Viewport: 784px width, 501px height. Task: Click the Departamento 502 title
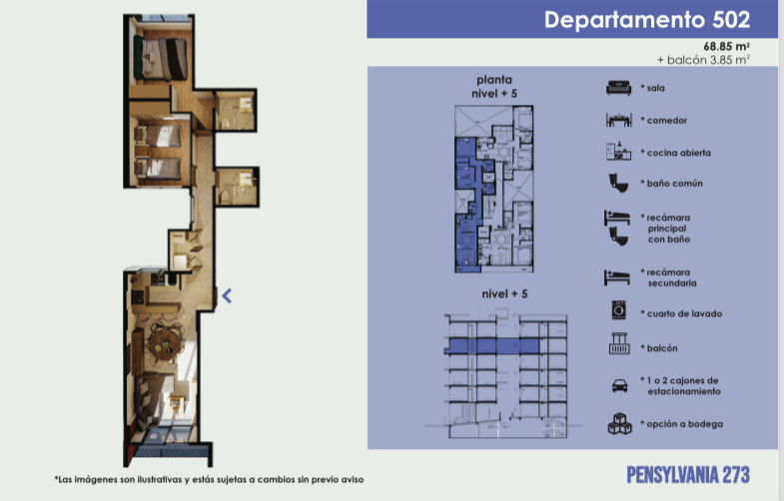(x=647, y=20)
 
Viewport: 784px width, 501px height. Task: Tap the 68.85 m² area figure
(x=726, y=47)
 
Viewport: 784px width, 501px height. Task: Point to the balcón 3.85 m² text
(x=703, y=60)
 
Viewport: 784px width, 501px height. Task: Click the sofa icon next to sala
(x=618, y=88)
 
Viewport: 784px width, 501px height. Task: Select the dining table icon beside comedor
(x=618, y=120)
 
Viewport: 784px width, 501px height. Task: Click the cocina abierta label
(x=678, y=153)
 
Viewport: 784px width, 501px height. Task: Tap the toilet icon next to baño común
(x=618, y=183)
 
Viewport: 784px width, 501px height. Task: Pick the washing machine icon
(x=619, y=309)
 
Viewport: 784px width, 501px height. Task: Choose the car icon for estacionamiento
(x=619, y=385)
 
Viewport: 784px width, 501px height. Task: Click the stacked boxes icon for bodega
(x=619, y=423)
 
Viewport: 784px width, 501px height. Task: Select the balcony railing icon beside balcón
(x=619, y=343)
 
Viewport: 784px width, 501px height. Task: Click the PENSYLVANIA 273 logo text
(x=688, y=475)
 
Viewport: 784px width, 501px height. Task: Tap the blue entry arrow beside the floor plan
(x=227, y=296)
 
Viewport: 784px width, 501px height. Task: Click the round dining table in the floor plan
(x=165, y=341)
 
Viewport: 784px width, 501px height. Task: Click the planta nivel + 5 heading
(x=494, y=87)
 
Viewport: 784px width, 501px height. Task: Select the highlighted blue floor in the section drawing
(x=492, y=345)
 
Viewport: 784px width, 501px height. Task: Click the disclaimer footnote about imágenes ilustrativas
(x=209, y=479)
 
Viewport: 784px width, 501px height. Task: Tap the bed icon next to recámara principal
(x=617, y=218)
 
